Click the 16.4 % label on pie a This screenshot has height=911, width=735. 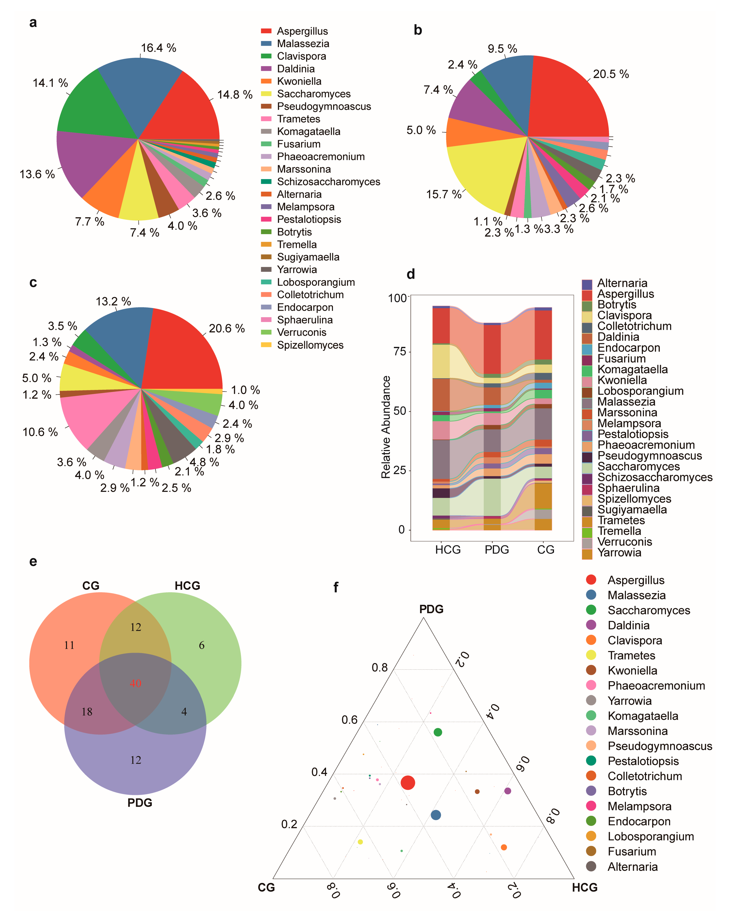point(158,48)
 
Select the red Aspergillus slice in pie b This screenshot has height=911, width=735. point(567,102)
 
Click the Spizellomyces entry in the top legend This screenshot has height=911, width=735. point(310,345)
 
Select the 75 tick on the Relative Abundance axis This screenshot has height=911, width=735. point(400,352)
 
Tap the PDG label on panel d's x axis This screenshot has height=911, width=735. point(497,550)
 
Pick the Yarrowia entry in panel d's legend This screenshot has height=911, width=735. point(619,553)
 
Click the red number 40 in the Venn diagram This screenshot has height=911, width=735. point(135,683)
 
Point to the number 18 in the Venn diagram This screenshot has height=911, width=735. point(87,712)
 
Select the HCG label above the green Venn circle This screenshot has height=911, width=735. point(187,586)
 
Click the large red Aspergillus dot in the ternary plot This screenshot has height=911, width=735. point(408,783)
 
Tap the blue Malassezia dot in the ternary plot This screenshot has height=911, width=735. point(436,815)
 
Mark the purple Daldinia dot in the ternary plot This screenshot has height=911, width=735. point(508,791)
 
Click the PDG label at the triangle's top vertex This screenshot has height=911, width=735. point(431,609)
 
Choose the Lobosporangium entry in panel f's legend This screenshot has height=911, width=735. point(650,836)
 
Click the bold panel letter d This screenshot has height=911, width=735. point(410,274)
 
